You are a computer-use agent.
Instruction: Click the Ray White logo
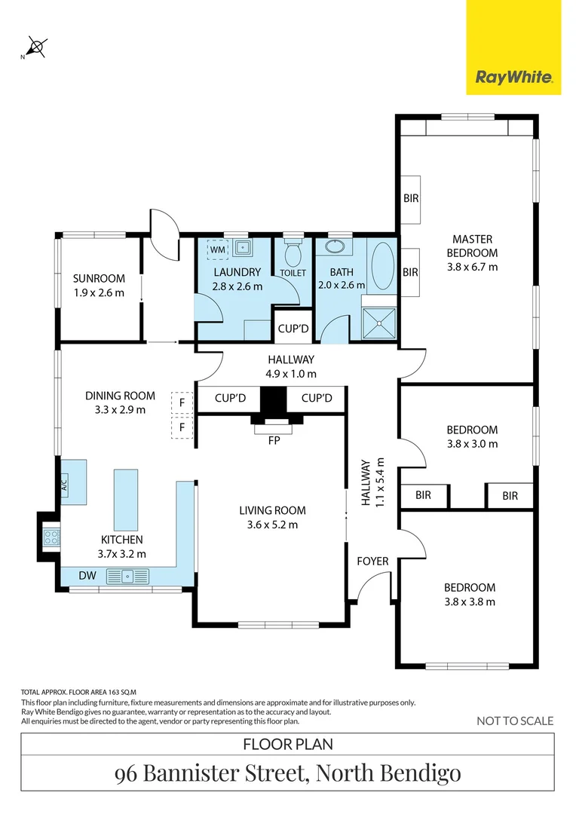point(513,77)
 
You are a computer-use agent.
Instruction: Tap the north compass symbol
point(36,47)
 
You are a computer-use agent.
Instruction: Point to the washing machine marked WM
point(217,249)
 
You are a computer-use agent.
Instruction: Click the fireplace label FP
point(274,441)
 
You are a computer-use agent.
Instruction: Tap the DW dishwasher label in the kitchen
point(87,577)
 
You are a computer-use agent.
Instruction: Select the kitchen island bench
point(126,498)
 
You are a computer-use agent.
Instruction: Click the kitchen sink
point(128,577)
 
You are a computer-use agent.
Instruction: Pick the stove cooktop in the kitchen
point(51,537)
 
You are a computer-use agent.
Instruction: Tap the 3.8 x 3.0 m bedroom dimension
point(472,444)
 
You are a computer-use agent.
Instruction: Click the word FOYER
point(372,561)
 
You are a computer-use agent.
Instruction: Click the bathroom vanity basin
point(334,246)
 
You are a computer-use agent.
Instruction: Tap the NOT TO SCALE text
point(515,721)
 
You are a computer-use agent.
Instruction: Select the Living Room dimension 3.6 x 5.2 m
point(272,525)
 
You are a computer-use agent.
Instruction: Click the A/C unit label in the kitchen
point(64,482)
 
